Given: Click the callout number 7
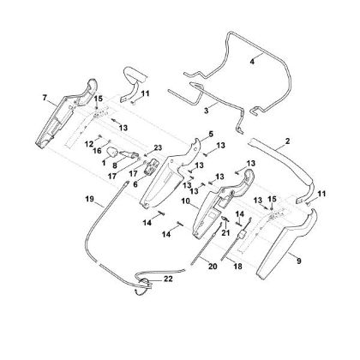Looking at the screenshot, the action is click(45, 98).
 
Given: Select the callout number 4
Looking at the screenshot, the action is click(252, 62).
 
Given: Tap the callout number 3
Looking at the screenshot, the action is click(207, 111).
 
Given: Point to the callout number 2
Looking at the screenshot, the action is click(287, 141).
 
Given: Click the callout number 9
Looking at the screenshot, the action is click(299, 261).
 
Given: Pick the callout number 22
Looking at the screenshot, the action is click(168, 279).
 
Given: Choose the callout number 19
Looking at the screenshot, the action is click(89, 199).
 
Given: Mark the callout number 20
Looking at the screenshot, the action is click(213, 267).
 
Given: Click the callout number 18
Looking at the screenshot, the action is click(237, 267).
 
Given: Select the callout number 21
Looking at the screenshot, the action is click(225, 233).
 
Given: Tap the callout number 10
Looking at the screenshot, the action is click(185, 201).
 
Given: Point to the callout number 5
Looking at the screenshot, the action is click(211, 134).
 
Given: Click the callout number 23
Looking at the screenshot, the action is click(158, 147).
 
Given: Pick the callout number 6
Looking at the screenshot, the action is click(135, 184).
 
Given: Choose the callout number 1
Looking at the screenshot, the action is click(104, 163).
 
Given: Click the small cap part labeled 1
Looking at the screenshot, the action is click(112, 152).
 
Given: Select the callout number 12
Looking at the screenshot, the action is click(89, 145).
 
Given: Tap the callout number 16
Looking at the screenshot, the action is click(97, 150).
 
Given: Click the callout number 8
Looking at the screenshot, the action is click(115, 165).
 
